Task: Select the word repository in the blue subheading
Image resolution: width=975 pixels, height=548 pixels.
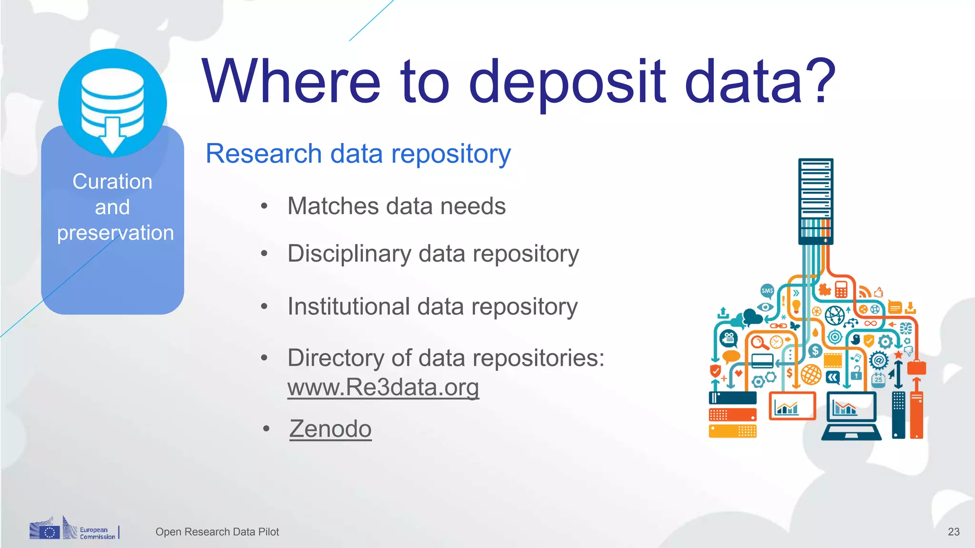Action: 450,154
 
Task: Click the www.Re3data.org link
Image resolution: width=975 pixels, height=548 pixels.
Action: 383,387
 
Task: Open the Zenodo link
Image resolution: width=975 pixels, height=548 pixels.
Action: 330,429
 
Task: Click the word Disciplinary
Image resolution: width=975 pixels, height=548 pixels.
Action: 349,254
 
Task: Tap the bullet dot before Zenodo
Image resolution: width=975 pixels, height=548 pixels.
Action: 267,429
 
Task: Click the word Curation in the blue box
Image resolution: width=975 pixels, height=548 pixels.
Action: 112,182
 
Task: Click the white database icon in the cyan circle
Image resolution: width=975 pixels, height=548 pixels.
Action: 113,107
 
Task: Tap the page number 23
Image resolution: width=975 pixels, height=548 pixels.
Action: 953,532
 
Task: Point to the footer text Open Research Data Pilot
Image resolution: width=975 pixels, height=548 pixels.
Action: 217,532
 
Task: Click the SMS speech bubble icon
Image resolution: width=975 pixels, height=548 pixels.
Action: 767,291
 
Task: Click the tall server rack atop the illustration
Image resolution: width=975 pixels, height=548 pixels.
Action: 816,200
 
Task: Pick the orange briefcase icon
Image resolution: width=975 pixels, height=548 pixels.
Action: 916,367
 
